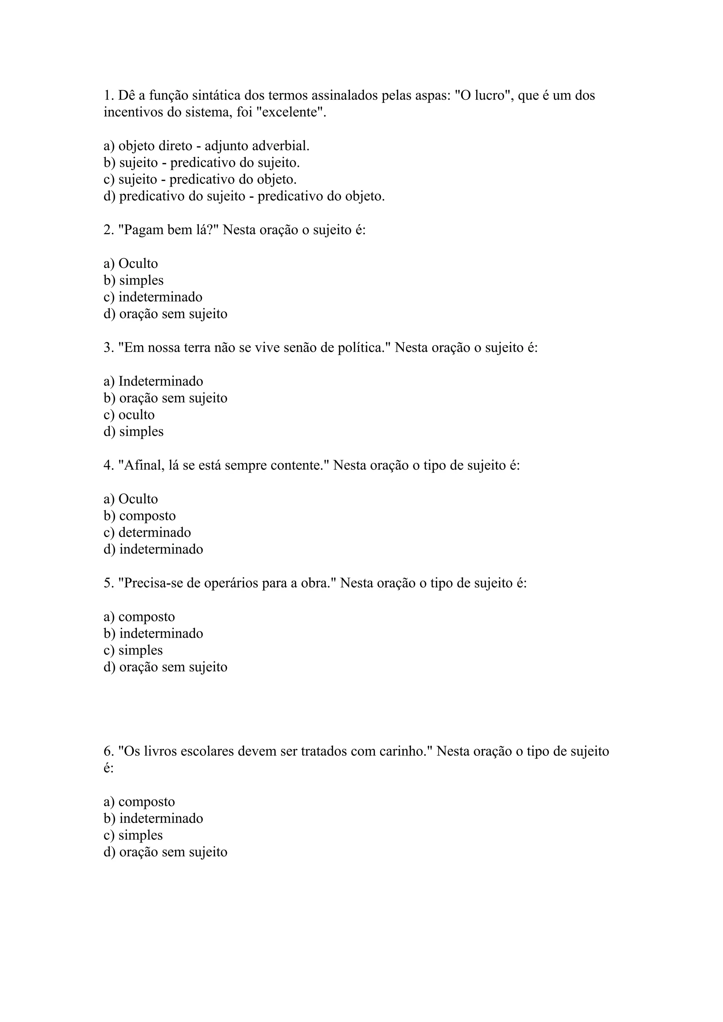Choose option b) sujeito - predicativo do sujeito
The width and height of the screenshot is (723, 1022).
[202, 163]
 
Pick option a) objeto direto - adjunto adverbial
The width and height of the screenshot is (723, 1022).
[206, 146]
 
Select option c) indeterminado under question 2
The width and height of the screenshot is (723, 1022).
[153, 297]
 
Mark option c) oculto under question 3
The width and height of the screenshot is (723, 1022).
[129, 415]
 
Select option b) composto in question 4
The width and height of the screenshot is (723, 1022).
[140, 516]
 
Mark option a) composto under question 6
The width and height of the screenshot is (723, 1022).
[139, 802]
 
